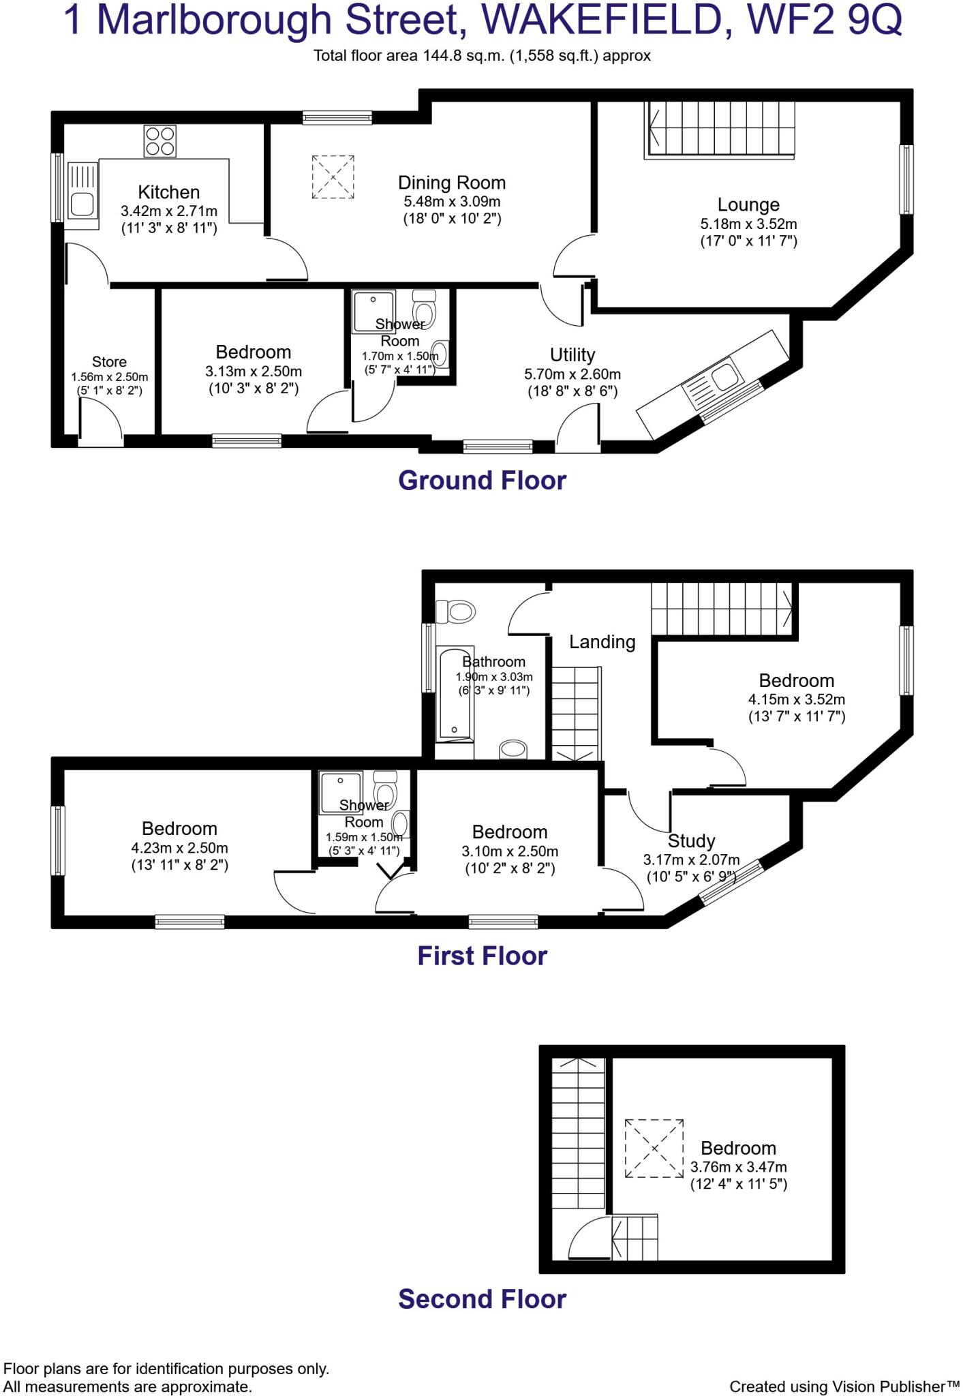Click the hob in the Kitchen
coord(160,141)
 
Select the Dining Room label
coord(452,183)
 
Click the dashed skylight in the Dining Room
coord(333,177)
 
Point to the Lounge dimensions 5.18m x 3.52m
coord(748,224)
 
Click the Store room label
coord(109,362)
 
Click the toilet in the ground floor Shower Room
coord(425,309)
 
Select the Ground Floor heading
coord(482,481)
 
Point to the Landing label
coord(602,642)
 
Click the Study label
coord(691,840)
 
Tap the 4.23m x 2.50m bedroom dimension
coord(179,848)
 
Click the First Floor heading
coord(482,956)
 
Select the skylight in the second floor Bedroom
coord(654,1149)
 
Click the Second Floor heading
coord(482,1299)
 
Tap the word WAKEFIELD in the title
coord(602,20)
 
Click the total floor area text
coord(482,56)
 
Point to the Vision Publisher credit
coord(844,1386)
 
